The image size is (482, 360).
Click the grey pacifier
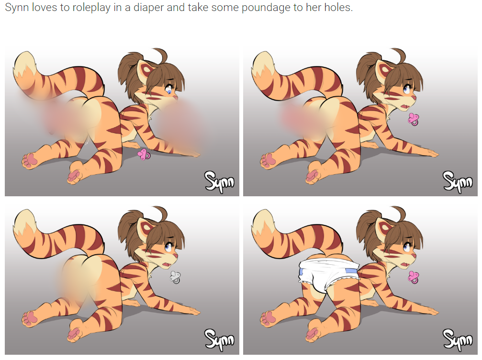[x=175, y=277]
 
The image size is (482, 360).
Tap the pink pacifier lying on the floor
[x=144, y=154]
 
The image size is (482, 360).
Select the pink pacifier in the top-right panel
[x=414, y=119]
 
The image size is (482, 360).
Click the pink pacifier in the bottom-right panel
[x=414, y=277]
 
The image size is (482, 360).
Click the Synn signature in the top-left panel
[x=220, y=182]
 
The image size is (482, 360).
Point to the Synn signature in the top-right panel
[x=458, y=182]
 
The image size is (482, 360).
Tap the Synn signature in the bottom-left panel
[x=220, y=340]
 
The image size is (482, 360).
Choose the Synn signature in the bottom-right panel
[x=458, y=340]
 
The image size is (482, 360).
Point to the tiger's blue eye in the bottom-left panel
[x=168, y=247]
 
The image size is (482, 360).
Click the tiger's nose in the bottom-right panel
[x=415, y=256]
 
